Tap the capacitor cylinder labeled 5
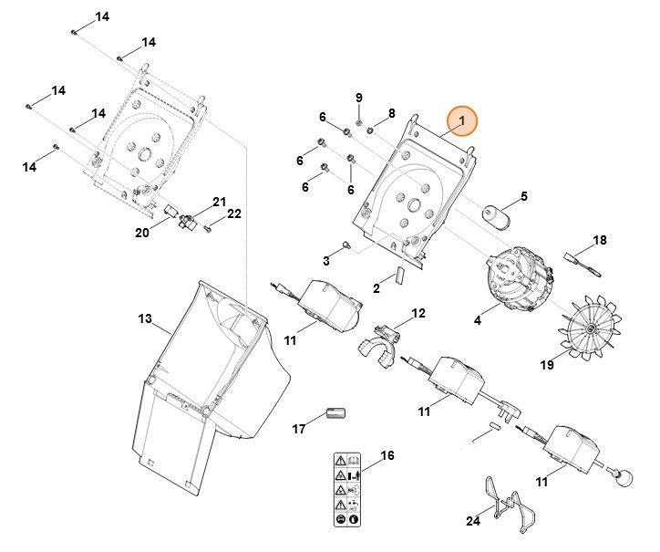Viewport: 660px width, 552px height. [x=496, y=214]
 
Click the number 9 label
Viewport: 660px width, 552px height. [x=358, y=99]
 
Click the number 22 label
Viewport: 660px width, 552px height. [x=233, y=214]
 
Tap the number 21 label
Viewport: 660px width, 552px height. [x=219, y=202]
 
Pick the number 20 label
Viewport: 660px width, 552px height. [x=141, y=233]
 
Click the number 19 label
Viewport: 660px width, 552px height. [x=547, y=365]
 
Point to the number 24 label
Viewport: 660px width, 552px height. [x=472, y=522]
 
